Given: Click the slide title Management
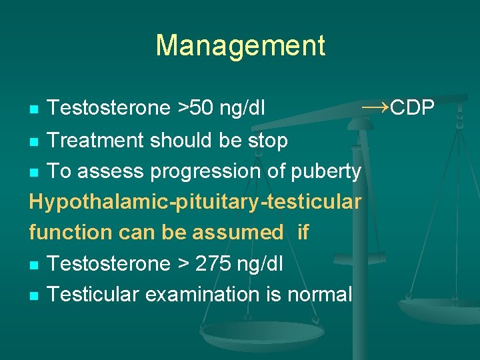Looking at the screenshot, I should coord(240,46).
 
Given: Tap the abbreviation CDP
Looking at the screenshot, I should coord(413,107).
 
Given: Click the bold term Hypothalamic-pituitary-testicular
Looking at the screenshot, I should coord(195,202).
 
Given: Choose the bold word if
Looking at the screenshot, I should coord(303,232).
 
